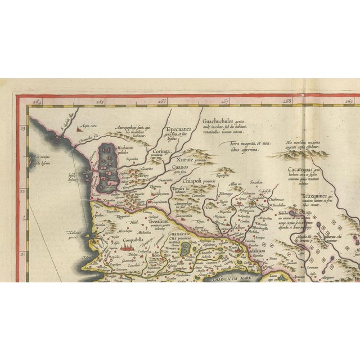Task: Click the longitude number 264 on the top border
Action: (38, 102)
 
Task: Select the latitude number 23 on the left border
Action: (23, 128)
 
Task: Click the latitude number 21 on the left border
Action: (23, 253)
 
